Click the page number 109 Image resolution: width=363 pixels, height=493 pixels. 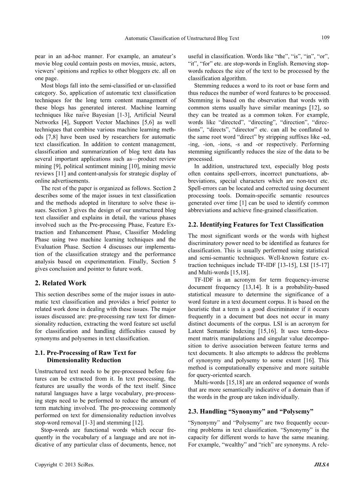325,38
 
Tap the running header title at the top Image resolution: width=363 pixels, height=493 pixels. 182,38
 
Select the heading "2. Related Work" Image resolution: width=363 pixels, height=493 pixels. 60,283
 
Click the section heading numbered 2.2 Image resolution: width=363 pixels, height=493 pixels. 256,225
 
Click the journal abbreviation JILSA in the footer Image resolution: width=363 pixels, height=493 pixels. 321,465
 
